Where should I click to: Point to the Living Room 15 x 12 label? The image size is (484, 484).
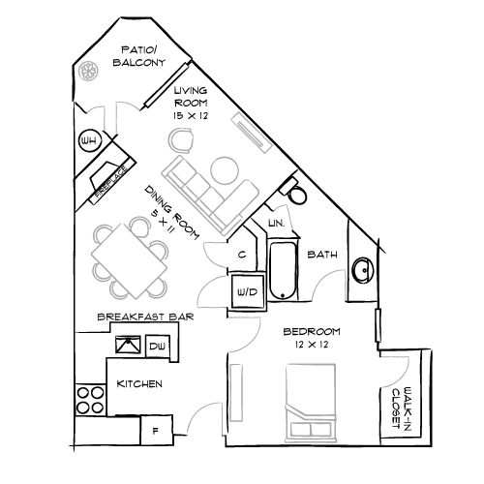[191, 101]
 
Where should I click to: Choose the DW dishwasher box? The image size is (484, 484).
[157, 345]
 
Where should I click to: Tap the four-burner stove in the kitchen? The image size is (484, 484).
[92, 400]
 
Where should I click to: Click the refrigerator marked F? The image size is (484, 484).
[155, 427]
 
